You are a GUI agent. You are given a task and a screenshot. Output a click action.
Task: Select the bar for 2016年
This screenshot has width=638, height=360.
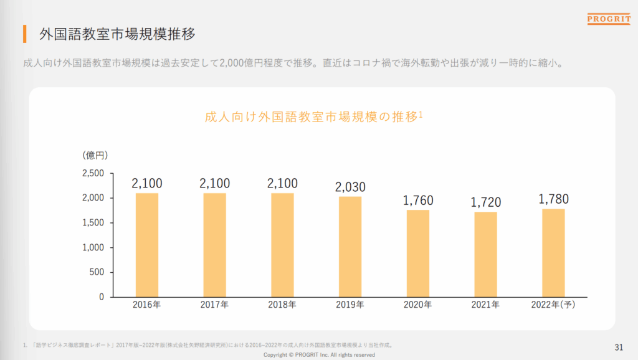click(147, 245)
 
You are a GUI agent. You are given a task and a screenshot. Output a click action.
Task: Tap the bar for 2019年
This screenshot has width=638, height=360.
click(350, 247)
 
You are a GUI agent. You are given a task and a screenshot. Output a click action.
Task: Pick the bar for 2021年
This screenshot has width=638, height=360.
click(485, 254)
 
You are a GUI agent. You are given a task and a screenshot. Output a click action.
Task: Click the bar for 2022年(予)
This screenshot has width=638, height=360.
click(553, 253)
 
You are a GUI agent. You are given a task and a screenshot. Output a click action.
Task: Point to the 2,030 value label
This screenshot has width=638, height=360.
click(350, 187)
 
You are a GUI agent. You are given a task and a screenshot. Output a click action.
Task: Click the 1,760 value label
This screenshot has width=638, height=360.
click(418, 201)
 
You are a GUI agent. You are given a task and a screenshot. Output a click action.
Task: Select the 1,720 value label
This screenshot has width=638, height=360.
click(485, 202)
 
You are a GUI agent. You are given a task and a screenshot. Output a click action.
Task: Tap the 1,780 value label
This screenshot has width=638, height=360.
click(553, 199)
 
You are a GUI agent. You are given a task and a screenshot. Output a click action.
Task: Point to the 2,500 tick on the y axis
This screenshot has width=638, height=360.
click(93, 173)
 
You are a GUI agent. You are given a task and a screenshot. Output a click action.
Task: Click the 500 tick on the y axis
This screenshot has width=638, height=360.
click(97, 272)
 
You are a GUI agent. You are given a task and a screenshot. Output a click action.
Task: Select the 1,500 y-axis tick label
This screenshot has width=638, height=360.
click(93, 222)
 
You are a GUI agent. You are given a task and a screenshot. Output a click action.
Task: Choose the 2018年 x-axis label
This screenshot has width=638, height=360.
click(282, 305)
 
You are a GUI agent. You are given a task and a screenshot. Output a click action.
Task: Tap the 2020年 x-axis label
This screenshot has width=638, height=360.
click(418, 305)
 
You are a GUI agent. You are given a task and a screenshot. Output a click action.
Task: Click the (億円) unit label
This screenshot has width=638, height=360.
click(95, 154)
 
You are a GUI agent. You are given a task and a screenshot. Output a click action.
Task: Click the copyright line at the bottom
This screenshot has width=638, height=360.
click(319, 355)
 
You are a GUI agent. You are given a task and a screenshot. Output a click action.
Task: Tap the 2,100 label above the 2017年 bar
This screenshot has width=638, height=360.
click(215, 184)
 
